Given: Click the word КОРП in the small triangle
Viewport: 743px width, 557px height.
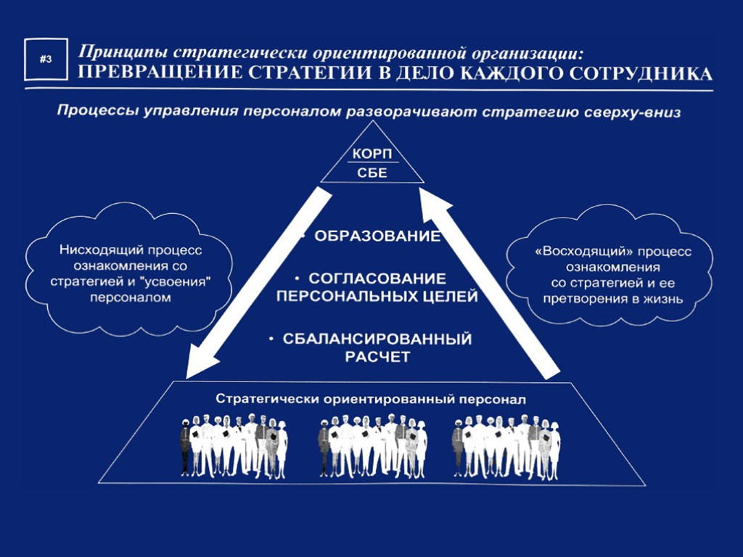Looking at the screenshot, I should click(x=371, y=155).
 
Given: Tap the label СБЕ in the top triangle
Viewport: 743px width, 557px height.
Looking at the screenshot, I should click(x=371, y=173).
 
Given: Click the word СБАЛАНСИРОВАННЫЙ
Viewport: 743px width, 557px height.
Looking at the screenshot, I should click(x=377, y=339).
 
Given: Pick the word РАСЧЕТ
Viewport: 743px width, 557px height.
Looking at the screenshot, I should click(x=377, y=357).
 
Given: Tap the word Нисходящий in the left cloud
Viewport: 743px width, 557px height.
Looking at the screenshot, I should click(x=94, y=249).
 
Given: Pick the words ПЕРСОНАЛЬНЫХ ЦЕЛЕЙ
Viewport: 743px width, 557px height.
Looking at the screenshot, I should click(x=377, y=297).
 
